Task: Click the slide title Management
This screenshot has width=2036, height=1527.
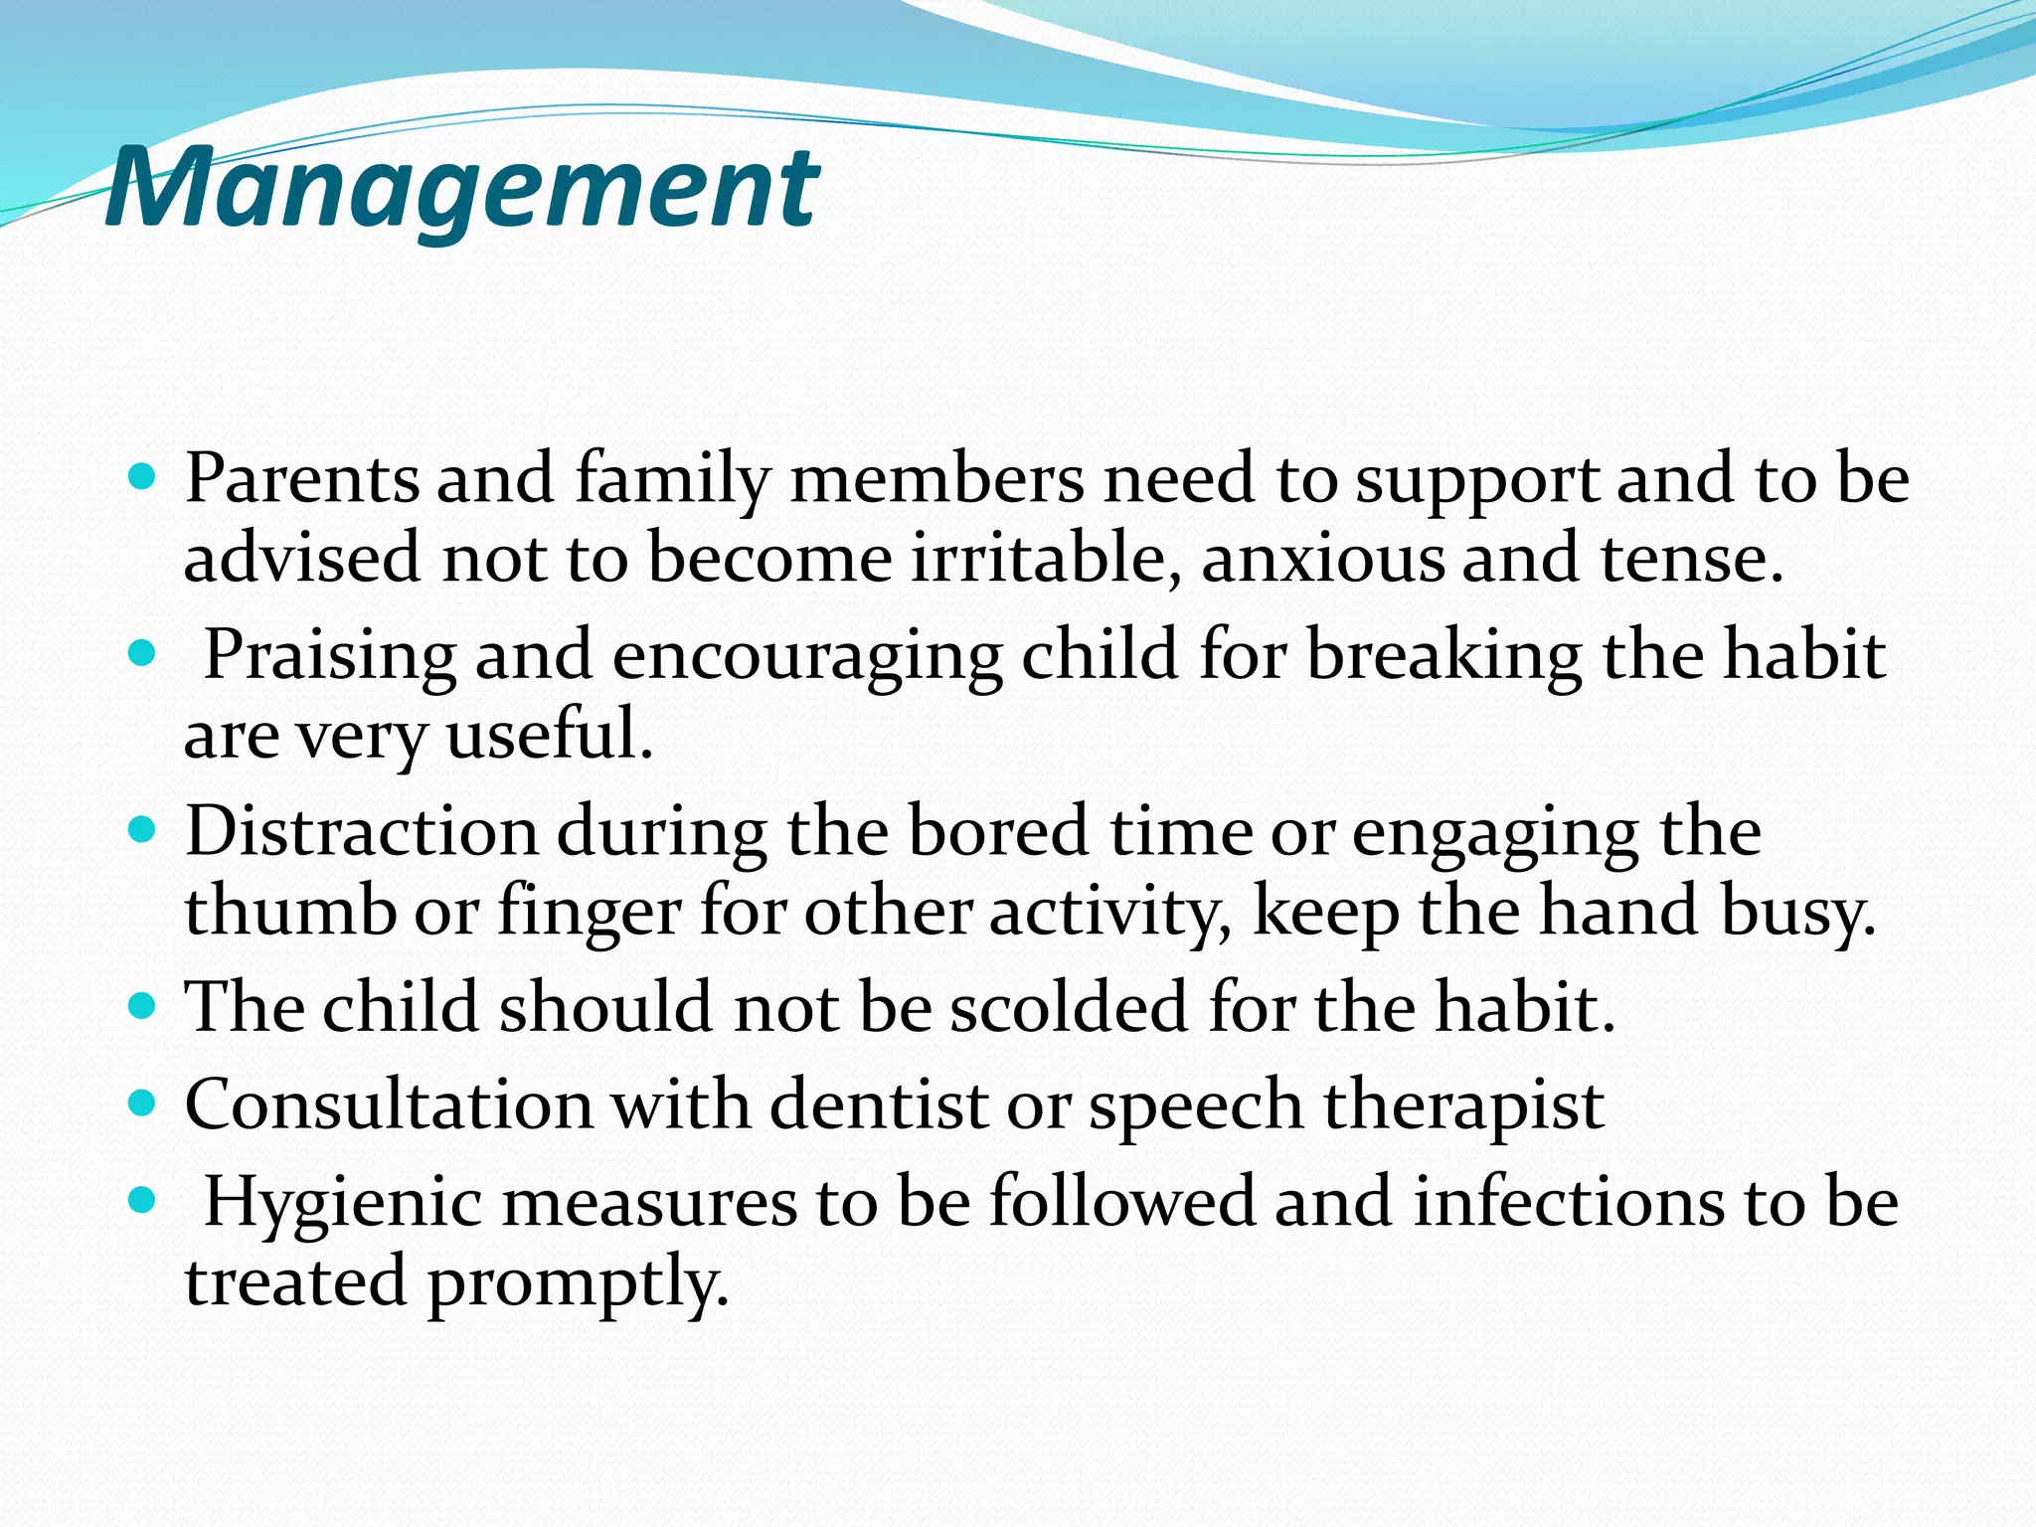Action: pyautogui.click(x=461, y=187)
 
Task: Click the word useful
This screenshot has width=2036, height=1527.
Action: pyautogui.click(x=549, y=735)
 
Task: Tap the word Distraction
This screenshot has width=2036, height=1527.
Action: pyautogui.click(x=361, y=831)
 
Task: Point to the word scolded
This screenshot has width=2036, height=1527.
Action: pyautogui.click(x=1069, y=1006)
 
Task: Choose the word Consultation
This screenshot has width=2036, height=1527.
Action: pyautogui.click(x=389, y=1103)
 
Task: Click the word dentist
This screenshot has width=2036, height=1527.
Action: pyautogui.click(x=879, y=1103)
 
